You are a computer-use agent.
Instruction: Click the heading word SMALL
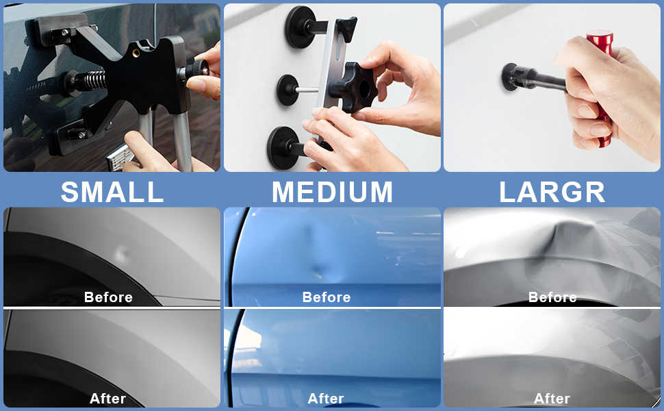112,192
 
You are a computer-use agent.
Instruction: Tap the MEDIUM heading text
332,192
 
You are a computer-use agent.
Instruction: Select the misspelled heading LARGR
552,192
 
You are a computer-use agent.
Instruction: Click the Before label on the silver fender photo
108,297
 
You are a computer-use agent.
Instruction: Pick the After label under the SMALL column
108,398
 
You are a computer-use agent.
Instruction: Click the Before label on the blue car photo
327,297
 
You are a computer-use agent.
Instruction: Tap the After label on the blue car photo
326,398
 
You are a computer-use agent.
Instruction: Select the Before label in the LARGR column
552,297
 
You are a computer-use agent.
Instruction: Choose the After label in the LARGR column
552,398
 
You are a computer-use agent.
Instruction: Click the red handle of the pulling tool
601,89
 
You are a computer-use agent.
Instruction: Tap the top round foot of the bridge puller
301,27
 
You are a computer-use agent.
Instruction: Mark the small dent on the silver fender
123,255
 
